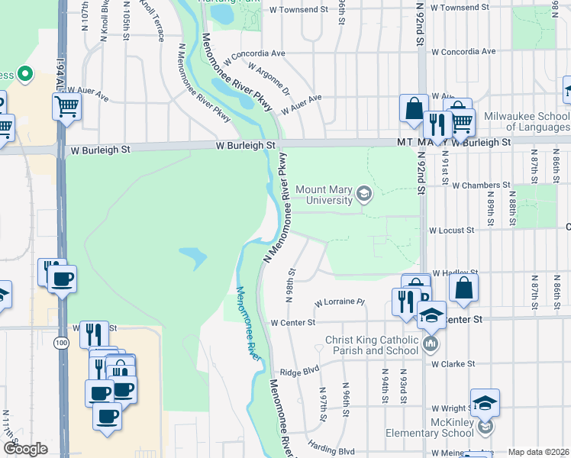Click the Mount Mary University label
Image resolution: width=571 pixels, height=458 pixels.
[324, 195]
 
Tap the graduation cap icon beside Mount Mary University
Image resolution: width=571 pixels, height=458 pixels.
[364, 195]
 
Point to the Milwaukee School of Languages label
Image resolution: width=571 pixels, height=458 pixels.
[526, 121]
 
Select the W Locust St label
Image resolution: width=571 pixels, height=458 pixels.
[451, 230]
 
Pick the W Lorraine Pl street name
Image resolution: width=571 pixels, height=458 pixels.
[340, 302]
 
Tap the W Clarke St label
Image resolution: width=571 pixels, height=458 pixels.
[453, 364]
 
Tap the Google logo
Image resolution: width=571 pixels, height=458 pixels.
[24, 449]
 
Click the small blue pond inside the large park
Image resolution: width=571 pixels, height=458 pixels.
[193, 258]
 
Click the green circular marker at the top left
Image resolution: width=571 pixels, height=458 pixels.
[24, 74]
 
